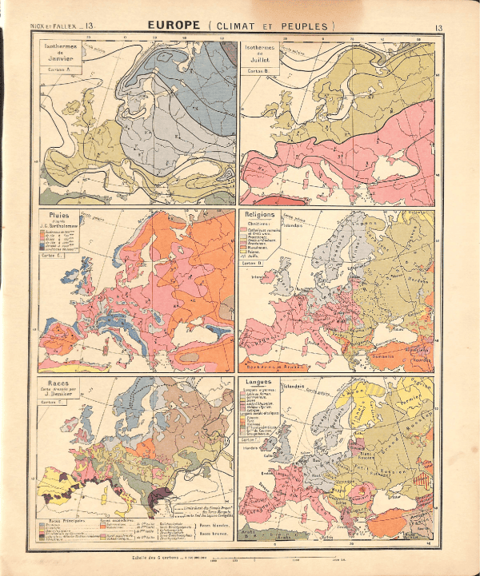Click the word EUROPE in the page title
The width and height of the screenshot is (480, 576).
pos(174,26)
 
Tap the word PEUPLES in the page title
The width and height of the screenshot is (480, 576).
pos(306,26)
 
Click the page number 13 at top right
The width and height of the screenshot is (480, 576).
pos(438,28)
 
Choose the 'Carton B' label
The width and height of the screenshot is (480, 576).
pos(258,72)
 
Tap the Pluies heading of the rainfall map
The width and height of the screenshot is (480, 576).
pos(57,215)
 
